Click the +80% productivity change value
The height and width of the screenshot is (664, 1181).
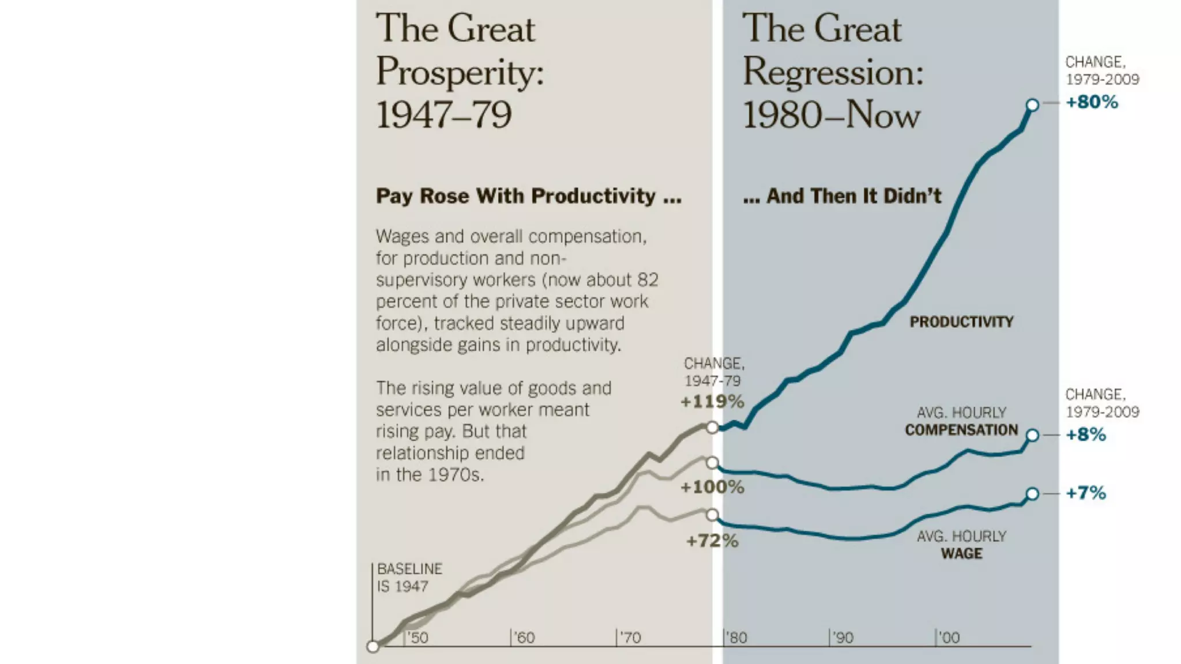[x=1092, y=102]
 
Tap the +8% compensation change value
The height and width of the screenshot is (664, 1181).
[x=1086, y=435]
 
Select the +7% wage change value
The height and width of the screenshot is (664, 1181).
[x=1086, y=493]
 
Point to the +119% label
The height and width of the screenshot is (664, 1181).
[x=712, y=402]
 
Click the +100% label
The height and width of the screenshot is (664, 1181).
[x=712, y=487]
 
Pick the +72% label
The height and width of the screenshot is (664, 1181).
[x=712, y=541]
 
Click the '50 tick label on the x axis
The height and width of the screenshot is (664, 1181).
[x=417, y=638]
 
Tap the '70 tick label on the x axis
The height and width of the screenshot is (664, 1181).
[x=629, y=638]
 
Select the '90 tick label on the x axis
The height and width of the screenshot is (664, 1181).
[x=842, y=638]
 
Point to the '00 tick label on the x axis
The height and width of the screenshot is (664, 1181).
[x=948, y=638]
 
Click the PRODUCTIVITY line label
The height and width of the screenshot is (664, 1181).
[x=961, y=322]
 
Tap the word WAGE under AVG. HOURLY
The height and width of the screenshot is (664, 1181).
[x=961, y=554]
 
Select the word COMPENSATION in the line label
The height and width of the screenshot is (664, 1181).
[x=961, y=430]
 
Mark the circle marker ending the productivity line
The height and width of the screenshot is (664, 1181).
[x=1032, y=105]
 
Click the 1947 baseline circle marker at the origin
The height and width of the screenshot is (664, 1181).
[x=373, y=647]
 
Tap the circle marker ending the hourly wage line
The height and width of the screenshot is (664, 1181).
[x=1032, y=493]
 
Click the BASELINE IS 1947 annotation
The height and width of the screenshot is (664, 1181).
[x=409, y=578]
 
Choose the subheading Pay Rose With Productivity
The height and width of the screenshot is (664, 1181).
[x=528, y=196]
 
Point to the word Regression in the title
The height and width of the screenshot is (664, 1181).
[x=833, y=73]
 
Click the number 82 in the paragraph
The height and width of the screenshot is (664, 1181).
[x=648, y=280]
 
